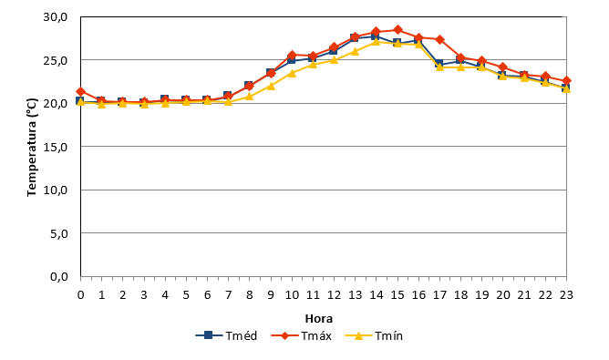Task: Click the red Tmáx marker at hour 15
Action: click(397, 29)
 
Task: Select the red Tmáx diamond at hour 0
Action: click(81, 92)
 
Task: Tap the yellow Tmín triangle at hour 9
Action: click(271, 86)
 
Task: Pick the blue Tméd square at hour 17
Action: click(439, 64)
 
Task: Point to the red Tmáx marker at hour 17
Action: click(439, 39)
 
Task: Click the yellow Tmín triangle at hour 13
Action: click(355, 51)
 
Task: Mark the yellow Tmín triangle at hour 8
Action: click(250, 96)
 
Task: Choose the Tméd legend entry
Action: click(226, 335)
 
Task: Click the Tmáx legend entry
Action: click(302, 335)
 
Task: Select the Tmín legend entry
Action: click(374, 335)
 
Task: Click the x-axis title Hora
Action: click(319, 319)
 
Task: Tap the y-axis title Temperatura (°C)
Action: click(32, 147)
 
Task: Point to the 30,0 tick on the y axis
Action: click(56, 17)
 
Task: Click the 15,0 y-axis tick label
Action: click(56, 147)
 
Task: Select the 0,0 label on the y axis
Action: click(59, 277)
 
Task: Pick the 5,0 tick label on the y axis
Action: click(59, 234)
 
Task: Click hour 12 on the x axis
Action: click(334, 295)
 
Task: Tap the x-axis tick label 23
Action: click(566, 295)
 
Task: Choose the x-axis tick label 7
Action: click(228, 295)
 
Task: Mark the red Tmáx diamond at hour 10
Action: click(292, 56)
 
